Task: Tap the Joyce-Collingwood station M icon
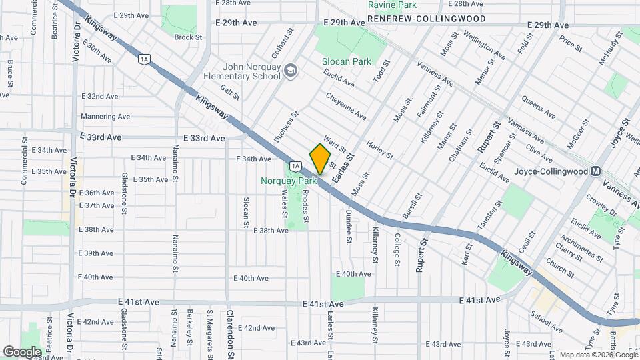click(x=597, y=171)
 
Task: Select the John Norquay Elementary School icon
click(x=291, y=70)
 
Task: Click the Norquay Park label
click(x=289, y=181)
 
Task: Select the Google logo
click(x=22, y=351)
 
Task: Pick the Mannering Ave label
click(x=105, y=117)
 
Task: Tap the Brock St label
click(x=188, y=37)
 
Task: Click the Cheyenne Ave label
click(x=346, y=106)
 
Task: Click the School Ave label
click(x=547, y=321)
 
